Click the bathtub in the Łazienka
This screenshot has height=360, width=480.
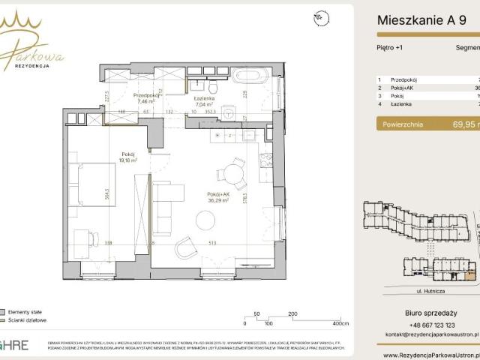tap(248, 76)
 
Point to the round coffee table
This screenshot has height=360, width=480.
tap(205, 220)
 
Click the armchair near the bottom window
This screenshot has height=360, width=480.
tap(185, 247)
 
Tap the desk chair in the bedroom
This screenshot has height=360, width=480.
tap(92, 239)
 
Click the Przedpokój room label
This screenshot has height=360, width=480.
tap(145, 95)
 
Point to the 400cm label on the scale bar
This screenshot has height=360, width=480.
tap(341, 323)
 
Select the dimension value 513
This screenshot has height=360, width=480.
tap(212, 243)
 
